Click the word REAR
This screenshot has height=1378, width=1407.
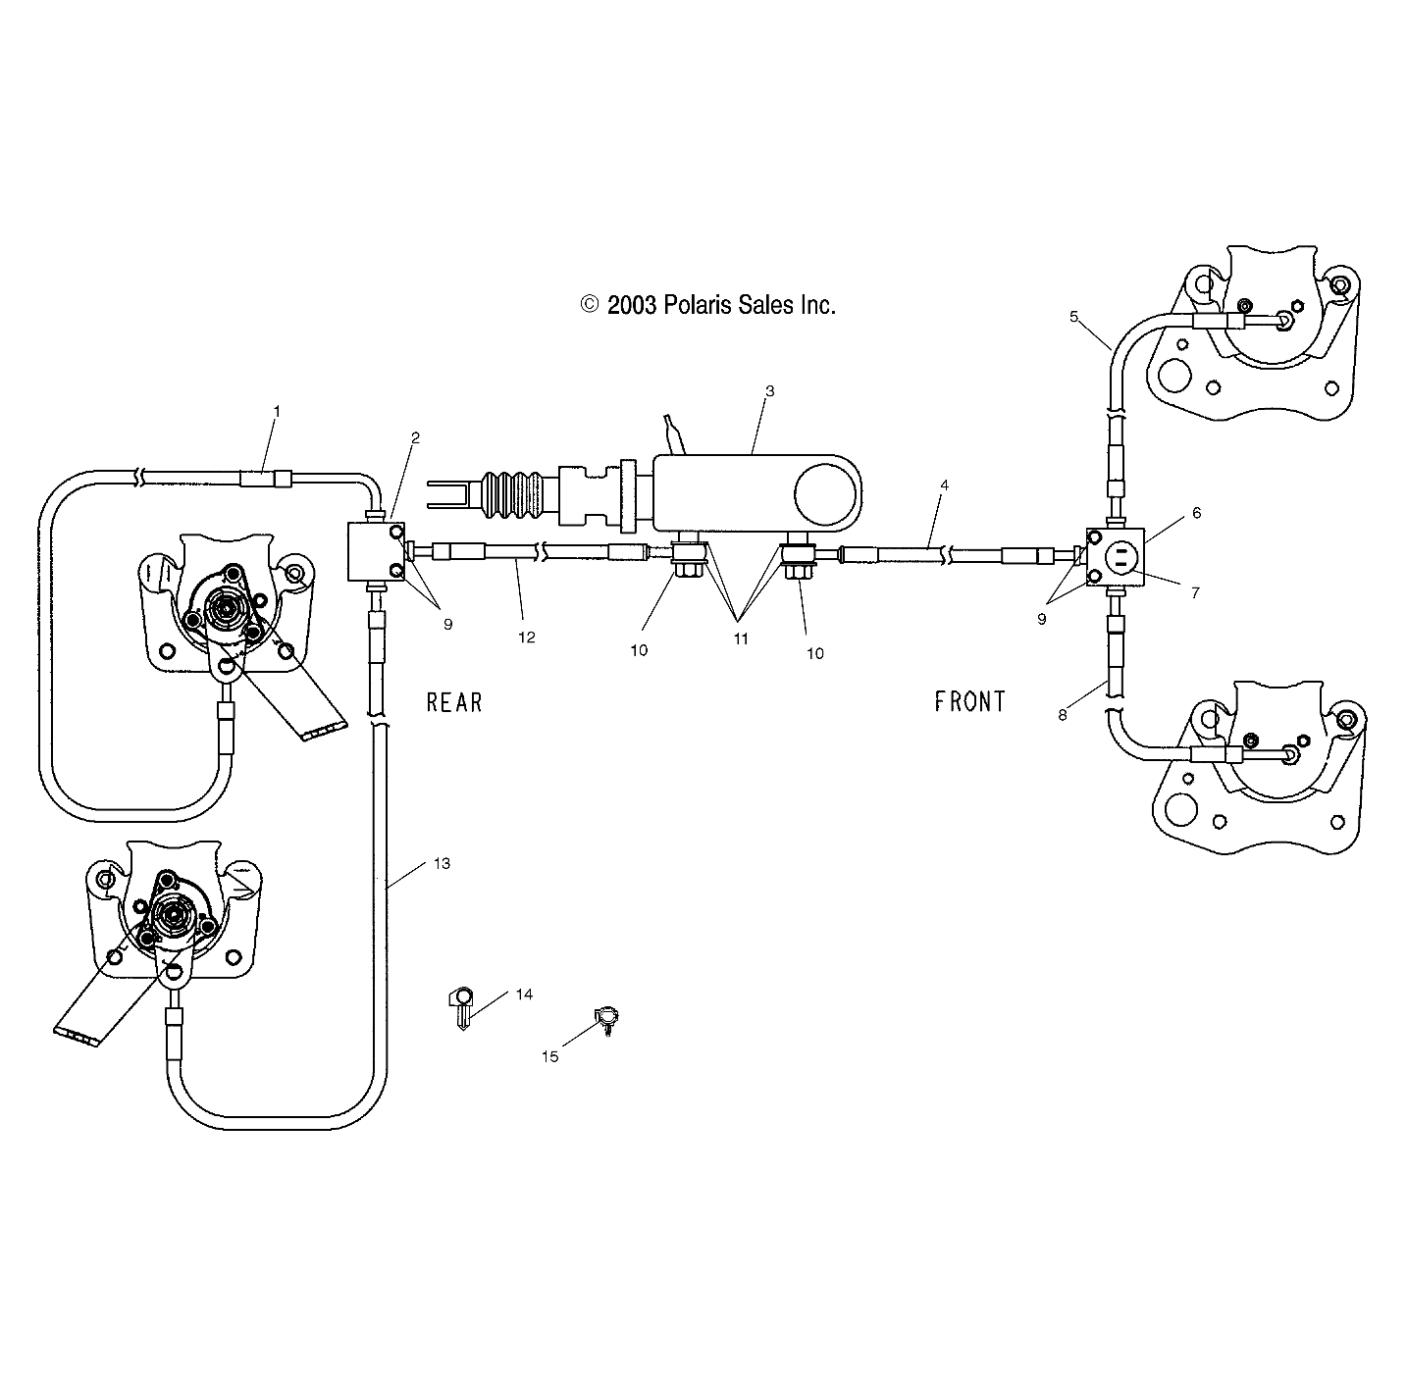pos(454,702)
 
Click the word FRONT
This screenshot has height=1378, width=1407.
pos(969,701)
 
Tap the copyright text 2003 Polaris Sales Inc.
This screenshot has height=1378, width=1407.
pos(708,305)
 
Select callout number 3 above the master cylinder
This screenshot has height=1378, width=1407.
pos(769,390)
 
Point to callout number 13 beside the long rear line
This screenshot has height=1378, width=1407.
pos(442,863)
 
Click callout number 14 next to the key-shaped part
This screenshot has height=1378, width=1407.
pos(524,995)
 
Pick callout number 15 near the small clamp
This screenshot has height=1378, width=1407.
pos(549,1056)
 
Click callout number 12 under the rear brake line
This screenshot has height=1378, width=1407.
pos(527,638)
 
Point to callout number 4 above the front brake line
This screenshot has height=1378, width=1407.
pos(944,485)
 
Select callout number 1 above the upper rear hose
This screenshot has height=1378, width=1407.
pos(276,411)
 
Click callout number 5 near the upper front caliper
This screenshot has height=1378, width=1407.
pos(1073,316)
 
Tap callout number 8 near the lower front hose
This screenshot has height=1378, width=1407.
pos(1062,716)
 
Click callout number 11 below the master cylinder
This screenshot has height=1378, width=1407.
pos(741,638)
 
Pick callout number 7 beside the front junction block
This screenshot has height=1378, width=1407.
pos(1194,592)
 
